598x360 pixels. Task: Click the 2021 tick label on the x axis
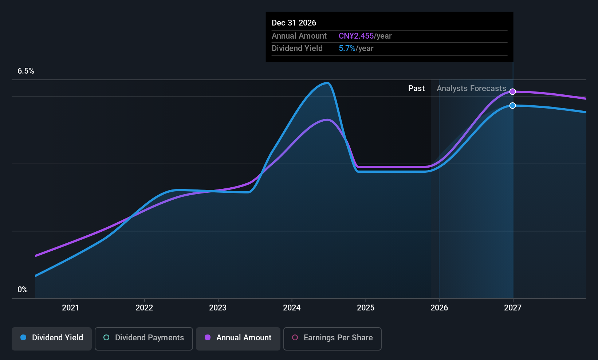70,308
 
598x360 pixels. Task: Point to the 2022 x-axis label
144,308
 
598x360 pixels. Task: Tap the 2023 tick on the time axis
218,308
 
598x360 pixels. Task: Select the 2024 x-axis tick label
292,308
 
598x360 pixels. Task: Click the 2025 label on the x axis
366,308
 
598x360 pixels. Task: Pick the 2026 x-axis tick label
439,308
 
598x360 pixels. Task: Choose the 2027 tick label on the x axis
513,308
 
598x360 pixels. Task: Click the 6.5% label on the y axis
26,71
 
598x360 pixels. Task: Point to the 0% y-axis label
23,290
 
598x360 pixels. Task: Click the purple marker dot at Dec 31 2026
512,91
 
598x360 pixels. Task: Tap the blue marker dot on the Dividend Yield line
512,106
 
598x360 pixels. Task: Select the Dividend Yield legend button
52,338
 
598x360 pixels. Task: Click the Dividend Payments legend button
143,338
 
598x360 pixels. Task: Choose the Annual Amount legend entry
238,338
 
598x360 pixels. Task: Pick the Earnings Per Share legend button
332,338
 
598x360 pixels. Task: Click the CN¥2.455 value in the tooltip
356,36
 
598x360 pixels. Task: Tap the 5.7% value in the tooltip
347,48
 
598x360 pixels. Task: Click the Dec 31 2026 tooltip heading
294,23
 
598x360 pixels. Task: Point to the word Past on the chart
416,89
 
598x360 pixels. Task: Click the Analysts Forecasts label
471,89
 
